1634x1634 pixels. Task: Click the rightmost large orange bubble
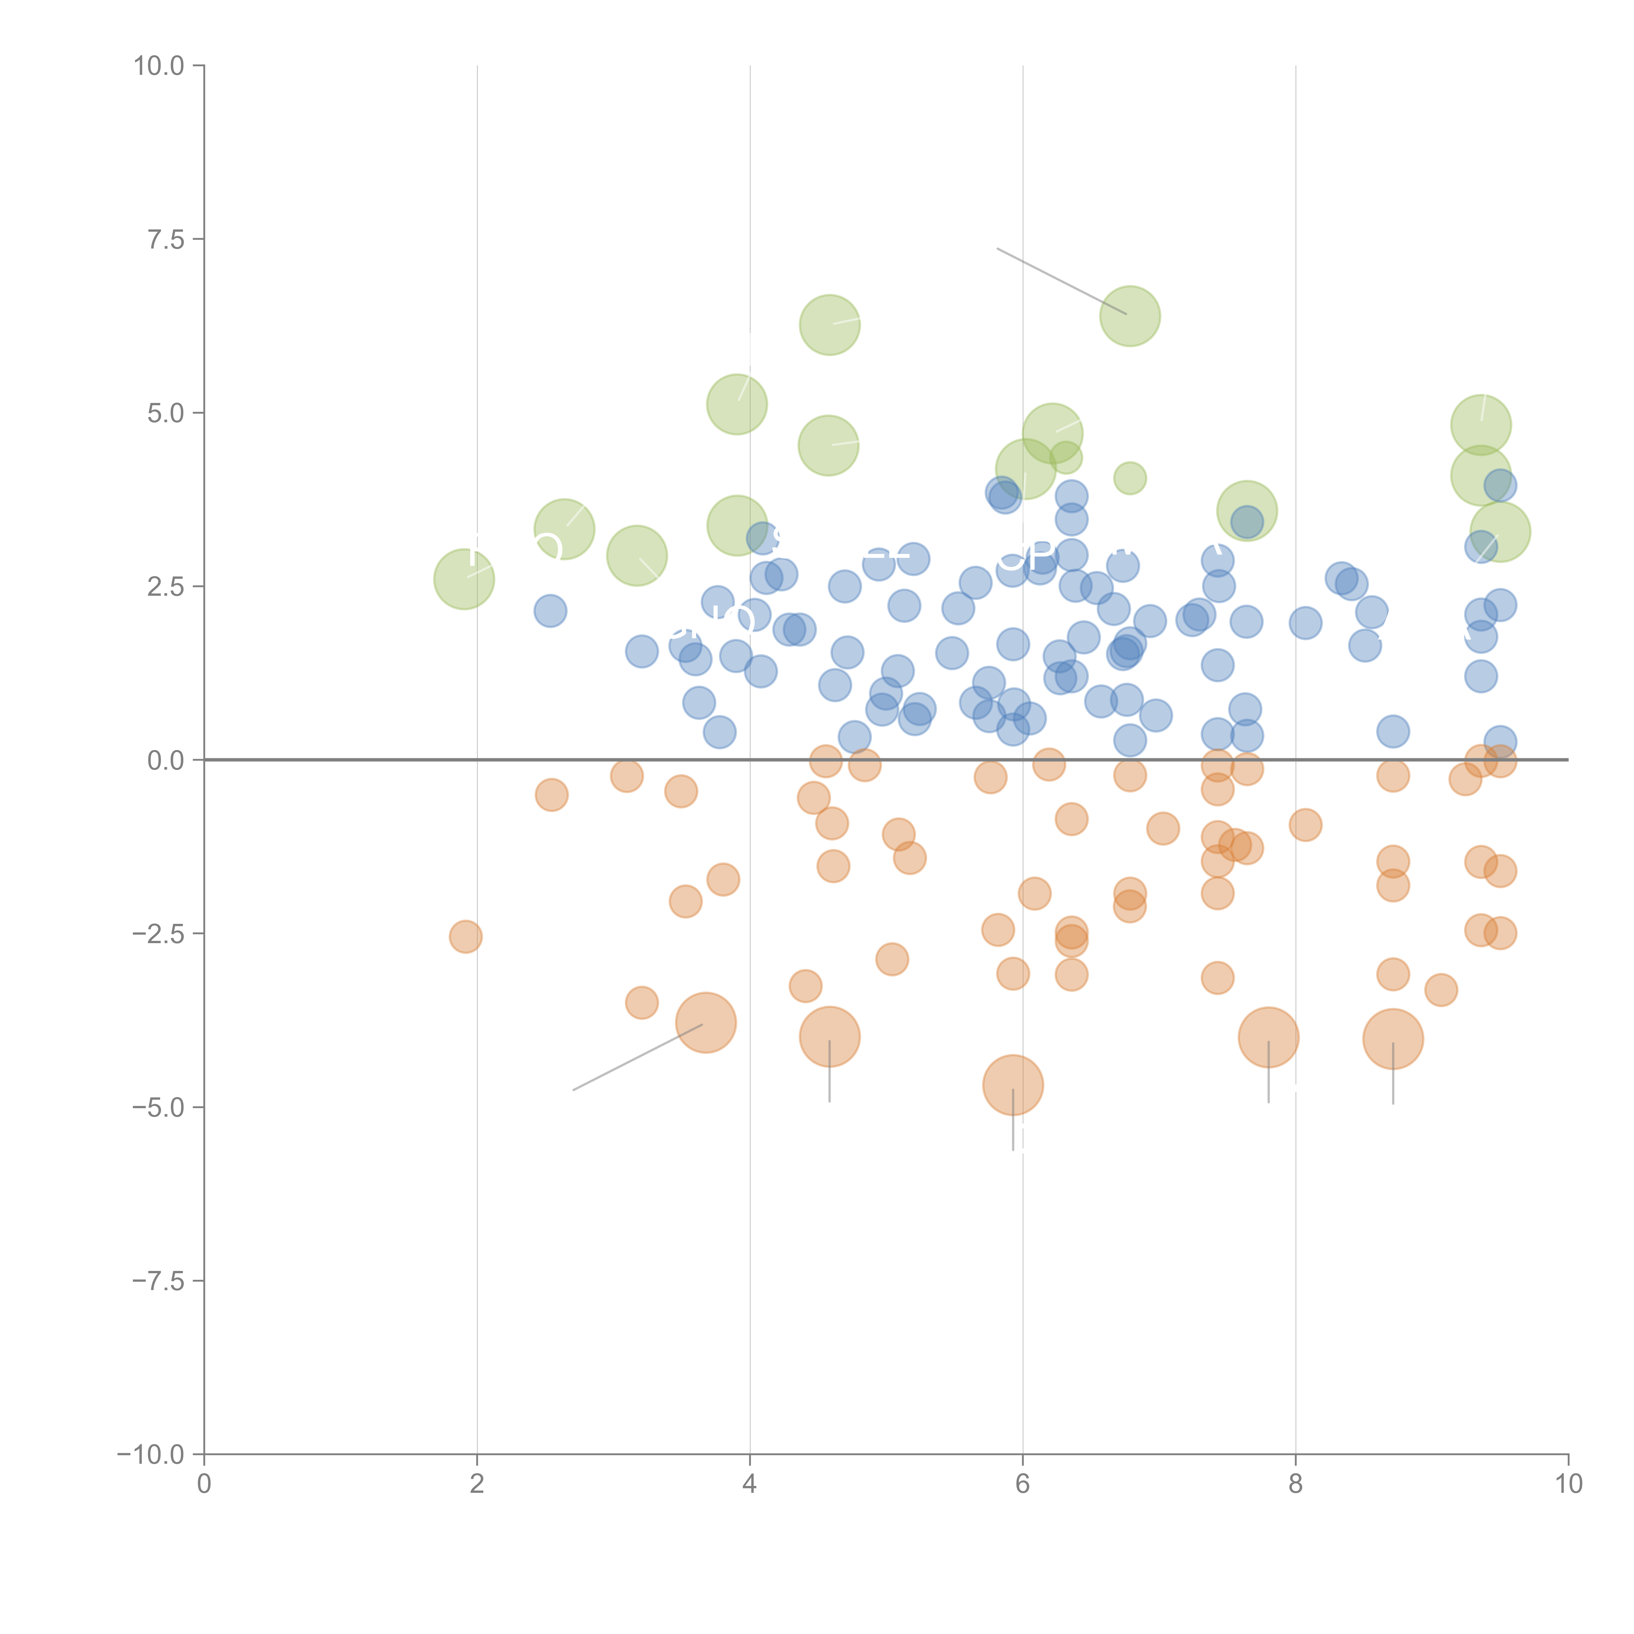(x=1393, y=1039)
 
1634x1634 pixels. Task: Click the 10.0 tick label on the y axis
(x=159, y=66)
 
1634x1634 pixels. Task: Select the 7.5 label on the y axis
(x=166, y=239)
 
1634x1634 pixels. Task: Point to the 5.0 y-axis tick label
(x=166, y=413)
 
